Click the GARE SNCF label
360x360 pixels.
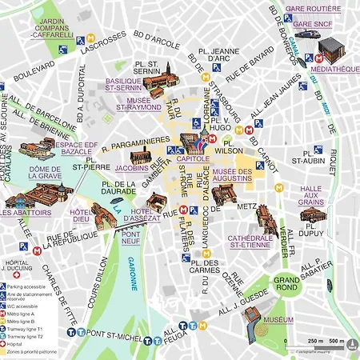click(314, 25)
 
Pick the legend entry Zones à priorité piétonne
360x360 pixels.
click(35, 354)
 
